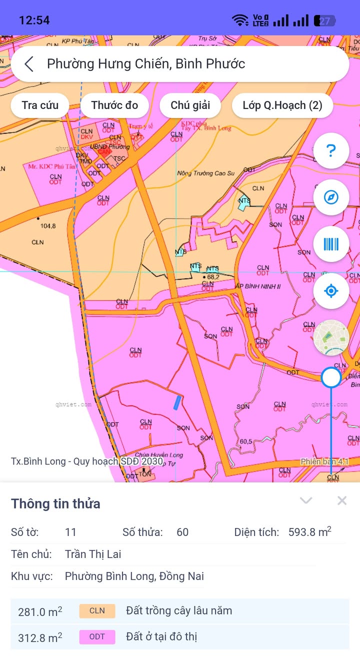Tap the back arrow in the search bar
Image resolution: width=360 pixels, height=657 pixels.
pyautogui.click(x=29, y=64)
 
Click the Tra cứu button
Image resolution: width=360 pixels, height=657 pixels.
pyautogui.click(x=40, y=105)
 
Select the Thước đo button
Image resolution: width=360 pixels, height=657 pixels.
pyautogui.click(x=114, y=105)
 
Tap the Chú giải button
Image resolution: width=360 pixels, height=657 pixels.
pyautogui.click(x=190, y=105)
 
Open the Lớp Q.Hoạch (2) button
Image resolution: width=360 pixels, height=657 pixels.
pyautogui.click(x=282, y=105)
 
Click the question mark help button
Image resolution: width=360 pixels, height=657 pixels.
pyautogui.click(x=331, y=150)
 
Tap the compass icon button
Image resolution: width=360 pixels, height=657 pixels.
pyautogui.click(x=331, y=197)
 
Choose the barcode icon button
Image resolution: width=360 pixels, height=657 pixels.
pyautogui.click(x=331, y=244)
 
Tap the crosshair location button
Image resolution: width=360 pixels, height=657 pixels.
pyautogui.click(x=331, y=291)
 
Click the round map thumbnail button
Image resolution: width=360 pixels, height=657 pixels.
pyautogui.click(x=331, y=338)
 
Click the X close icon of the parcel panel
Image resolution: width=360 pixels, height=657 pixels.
pyautogui.click(x=342, y=500)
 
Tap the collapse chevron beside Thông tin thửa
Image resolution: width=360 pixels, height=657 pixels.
pyautogui.click(x=306, y=500)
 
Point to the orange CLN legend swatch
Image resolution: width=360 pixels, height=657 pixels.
pyautogui.click(x=97, y=611)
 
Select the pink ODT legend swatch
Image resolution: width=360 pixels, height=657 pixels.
pyautogui.click(x=97, y=637)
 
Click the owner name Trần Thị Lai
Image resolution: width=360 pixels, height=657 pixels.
pyautogui.click(x=93, y=554)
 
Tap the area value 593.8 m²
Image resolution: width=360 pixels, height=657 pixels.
pyautogui.click(x=309, y=532)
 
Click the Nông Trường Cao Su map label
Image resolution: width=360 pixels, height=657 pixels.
pyautogui.click(x=206, y=173)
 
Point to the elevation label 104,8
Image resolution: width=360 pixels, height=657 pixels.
pyautogui.click(x=48, y=226)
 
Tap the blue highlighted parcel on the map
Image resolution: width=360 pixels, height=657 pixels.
pyautogui.click(x=177, y=402)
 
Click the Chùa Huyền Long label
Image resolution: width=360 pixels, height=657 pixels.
pyautogui.click(x=159, y=455)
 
